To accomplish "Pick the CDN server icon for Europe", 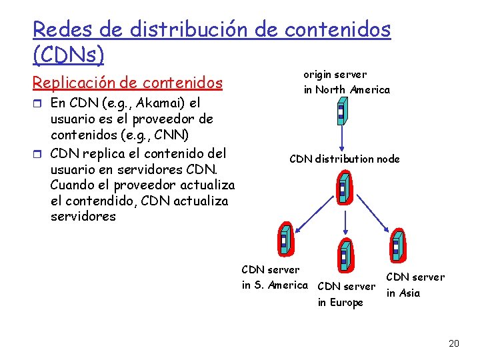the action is (343, 255).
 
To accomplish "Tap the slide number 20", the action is (454, 343).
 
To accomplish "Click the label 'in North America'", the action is (347, 89).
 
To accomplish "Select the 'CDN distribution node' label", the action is (344, 159).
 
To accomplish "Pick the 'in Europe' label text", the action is (340, 303).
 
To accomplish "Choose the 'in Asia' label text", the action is (403, 293).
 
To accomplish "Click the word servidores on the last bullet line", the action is (83, 217).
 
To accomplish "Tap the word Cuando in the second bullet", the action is (73, 185).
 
